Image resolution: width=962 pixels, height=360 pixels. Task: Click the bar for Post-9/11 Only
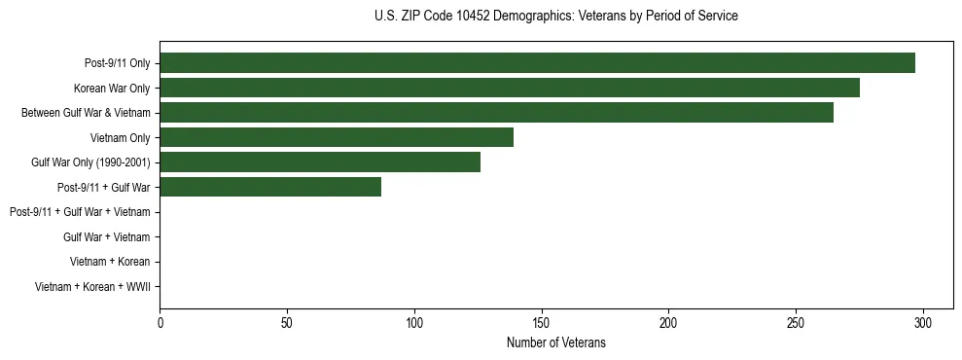coord(537,63)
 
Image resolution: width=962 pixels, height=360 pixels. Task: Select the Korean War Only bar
coord(510,88)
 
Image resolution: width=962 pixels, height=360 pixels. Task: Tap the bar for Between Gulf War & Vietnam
coord(496,113)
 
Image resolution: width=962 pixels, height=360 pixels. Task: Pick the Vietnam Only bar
coord(337,137)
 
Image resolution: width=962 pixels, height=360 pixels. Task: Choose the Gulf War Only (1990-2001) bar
coord(320,162)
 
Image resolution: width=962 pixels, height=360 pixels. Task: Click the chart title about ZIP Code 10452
coord(555,17)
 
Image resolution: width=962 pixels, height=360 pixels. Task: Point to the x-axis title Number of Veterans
coord(555,342)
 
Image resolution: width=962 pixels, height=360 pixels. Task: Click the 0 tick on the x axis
coord(160,323)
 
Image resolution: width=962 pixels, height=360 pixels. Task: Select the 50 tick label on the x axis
coord(287,323)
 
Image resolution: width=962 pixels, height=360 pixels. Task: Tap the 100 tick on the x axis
coord(414,323)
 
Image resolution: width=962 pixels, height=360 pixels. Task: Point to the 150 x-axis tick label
coord(542,323)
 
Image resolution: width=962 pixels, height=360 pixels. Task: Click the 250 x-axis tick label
coord(796,323)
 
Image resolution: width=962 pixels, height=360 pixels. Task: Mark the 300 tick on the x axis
coord(923,323)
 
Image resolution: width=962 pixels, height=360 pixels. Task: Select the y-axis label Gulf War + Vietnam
coord(106,237)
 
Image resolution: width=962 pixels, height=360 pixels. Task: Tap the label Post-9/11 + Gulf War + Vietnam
coord(80,212)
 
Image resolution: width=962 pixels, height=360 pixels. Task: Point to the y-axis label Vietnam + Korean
coord(110,262)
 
